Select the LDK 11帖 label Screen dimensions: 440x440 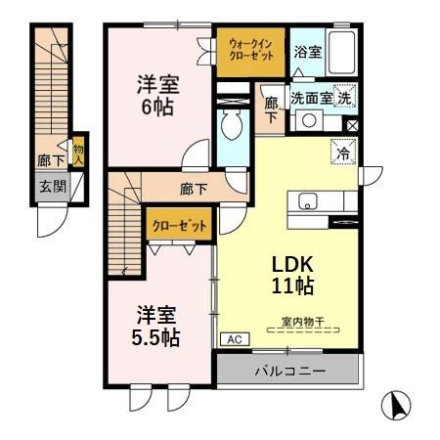291,276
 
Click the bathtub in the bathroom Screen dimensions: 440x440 340,51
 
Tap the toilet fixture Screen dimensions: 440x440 233,124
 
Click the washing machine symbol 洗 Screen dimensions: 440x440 344,97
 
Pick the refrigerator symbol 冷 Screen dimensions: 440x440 344,152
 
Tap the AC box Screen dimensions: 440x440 234,339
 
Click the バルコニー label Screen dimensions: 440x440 290,371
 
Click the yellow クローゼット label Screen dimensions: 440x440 179,226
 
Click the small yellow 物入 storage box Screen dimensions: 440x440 78,154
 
